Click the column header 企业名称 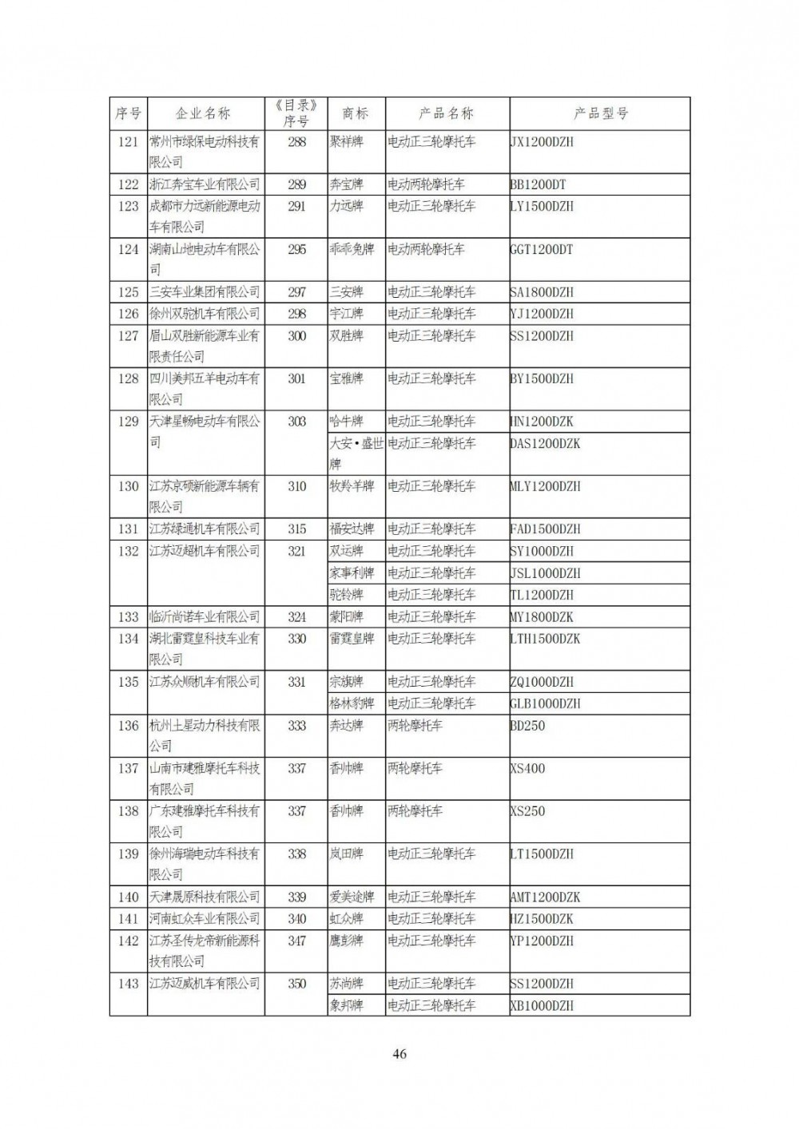click(205, 113)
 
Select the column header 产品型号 click(600, 113)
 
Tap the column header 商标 click(356, 113)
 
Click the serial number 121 click(128, 142)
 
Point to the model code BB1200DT click(538, 184)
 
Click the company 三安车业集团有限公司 click(205, 292)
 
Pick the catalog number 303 click(296, 422)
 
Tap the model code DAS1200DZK click(545, 443)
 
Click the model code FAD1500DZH click(545, 529)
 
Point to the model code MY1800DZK click(542, 617)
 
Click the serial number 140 click(128, 897)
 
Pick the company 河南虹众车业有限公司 click(205, 919)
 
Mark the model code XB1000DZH click(542, 1006)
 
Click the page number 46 click(399, 1054)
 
